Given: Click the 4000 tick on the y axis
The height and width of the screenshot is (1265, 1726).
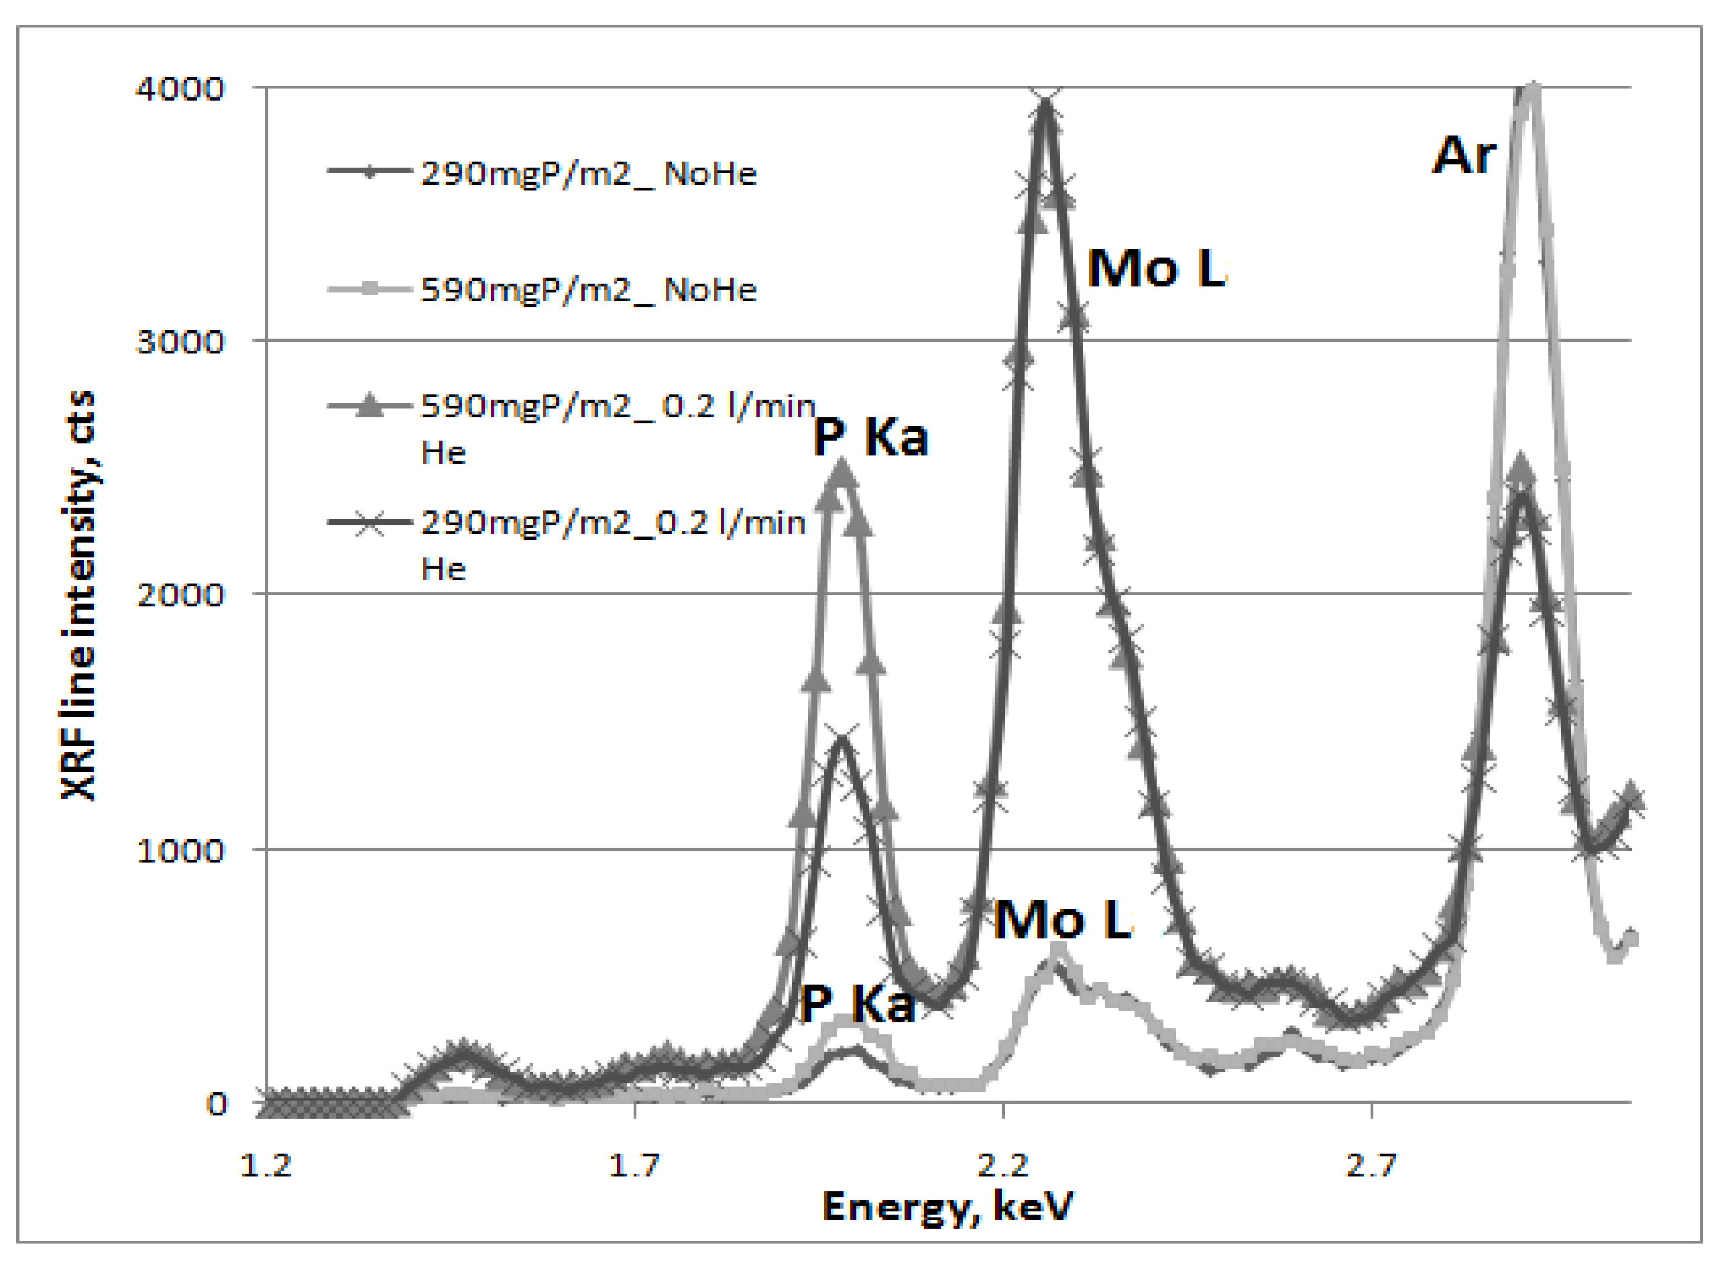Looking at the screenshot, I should coord(180,89).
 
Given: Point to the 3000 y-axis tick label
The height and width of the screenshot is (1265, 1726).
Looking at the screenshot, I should coord(180,341).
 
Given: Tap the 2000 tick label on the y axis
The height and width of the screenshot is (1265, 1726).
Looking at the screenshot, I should coord(180,594).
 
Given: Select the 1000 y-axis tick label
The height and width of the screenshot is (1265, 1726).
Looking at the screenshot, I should coord(180,850).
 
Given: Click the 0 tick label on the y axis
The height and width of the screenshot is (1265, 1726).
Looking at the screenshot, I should coord(217,1104).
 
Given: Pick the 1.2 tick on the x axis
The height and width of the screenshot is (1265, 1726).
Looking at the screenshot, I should coord(266,1166).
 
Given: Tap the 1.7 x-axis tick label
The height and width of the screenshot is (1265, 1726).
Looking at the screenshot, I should coord(634,1166).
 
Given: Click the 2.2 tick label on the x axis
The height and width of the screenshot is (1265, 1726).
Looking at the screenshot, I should coord(1002,1166).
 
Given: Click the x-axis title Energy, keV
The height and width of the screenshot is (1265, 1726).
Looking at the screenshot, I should coord(947,1207).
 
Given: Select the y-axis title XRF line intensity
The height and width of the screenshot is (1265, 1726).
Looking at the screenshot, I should coord(79,596).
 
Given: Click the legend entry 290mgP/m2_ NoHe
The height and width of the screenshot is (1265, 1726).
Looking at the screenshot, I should coord(589,174).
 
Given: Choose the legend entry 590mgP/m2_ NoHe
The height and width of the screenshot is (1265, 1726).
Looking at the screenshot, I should coord(589,290).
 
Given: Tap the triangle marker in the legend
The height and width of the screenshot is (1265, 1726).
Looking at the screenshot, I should coord(370,405).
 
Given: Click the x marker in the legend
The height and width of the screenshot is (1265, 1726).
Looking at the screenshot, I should coord(370,523).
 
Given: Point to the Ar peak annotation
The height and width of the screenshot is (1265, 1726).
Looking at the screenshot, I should coord(1462,156).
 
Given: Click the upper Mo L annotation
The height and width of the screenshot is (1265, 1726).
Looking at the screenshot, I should coord(1156,269).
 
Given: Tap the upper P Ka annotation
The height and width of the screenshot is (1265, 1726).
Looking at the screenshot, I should coord(870,437).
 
